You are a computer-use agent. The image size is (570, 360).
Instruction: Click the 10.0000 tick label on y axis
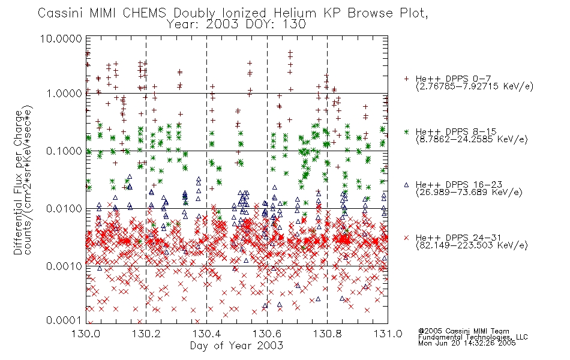pyautogui.click(x=61, y=38)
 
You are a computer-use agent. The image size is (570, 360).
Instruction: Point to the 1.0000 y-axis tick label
pyautogui.click(x=64, y=94)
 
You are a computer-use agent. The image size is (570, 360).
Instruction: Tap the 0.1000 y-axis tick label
pyautogui.click(x=64, y=151)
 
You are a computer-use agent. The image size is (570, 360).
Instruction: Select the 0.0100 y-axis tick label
pyautogui.click(x=64, y=209)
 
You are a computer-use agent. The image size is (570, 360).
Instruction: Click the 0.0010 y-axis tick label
pyautogui.click(x=64, y=266)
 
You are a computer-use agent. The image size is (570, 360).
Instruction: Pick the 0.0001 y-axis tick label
pyautogui.click(x=64, y=320)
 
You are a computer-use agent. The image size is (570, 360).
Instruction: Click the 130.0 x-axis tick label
pyautogui.click(x=86, y=334)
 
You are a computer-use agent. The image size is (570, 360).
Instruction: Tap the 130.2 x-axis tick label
pyautogui.click(x=146, y=334)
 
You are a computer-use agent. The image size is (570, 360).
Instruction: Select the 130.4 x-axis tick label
pyautogui.click(x=206, y=334)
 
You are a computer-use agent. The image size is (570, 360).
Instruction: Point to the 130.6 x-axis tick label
pyautogui.click(x=267, y=334)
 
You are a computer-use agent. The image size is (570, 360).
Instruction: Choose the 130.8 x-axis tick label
pyautogui.click(x=327, y=334)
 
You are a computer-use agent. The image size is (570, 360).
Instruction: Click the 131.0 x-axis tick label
pyautogui.click(x=388, y=334)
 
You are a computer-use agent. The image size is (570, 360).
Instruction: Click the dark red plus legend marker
pyautogui.click(x=406, y=79)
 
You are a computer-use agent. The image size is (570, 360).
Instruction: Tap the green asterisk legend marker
pyautogui.click(x=406, y=131)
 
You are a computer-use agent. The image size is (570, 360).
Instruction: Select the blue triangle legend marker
pyautogui.click(x=406, y=185)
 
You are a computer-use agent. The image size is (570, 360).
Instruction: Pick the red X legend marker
pyautogui.click(x=406, y=238)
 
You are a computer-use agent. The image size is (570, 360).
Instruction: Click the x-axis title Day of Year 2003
pyautogui.click(x=236, y=346)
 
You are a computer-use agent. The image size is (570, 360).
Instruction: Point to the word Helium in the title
pyautogui.click(x=295, y=13)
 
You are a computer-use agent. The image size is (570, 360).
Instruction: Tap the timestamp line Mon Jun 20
pyautogui.click(x=467, y=343)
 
